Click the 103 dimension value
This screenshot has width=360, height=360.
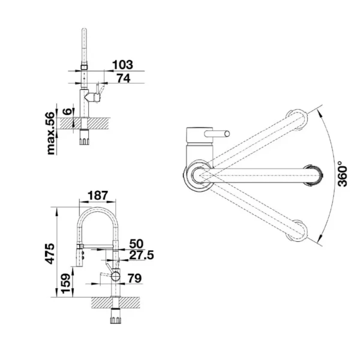[x=122, y=64]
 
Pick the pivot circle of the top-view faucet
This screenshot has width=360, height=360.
[x=199, y=175]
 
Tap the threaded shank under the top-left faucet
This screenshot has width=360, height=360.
[x=84, y=139]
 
